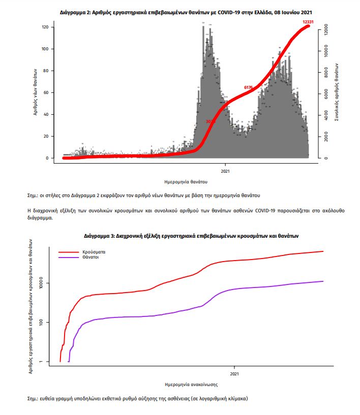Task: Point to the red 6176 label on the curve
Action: click(x=249, y=87)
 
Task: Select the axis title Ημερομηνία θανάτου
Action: click(x=186, y=181)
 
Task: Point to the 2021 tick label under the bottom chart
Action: click(x=234, y=374)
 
